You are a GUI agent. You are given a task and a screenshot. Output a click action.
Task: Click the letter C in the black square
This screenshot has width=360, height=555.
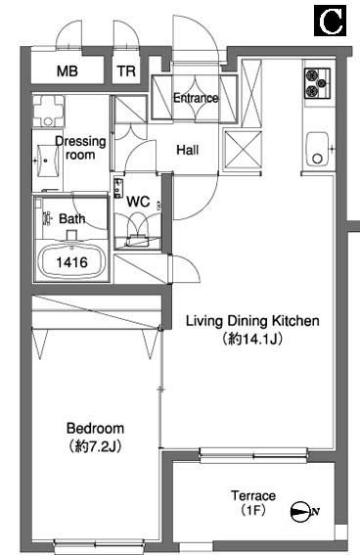point(331,21)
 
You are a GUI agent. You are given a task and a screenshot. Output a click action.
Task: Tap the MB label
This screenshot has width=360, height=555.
point(67,71)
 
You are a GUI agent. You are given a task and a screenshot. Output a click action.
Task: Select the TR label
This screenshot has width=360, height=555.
point(126,71)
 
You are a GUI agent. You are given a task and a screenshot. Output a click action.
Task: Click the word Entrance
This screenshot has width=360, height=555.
point(196,98)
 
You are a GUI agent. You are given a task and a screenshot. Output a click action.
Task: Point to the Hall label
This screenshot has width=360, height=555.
point(188,150)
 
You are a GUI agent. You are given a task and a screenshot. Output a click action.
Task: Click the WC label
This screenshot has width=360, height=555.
point(138,202)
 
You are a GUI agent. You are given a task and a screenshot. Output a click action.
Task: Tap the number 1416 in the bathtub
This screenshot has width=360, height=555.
point(71,262)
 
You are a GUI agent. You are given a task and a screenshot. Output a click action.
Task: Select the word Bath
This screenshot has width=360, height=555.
point(72,218)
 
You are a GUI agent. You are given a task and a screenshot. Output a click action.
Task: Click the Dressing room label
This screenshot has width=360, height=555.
point(80,148)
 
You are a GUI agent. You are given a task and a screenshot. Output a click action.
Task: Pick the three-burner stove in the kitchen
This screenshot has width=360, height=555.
point(318,83)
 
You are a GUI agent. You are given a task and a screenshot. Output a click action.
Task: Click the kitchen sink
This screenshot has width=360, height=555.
point(317,149)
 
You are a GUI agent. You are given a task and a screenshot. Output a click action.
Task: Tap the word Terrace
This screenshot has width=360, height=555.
point(253,495)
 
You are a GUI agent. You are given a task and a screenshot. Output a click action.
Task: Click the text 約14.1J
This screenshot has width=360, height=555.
point(252,340)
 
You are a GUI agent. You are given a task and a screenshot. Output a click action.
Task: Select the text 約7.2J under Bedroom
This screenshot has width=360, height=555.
point(96,446)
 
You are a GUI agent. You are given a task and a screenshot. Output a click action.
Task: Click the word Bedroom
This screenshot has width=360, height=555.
point(96,429)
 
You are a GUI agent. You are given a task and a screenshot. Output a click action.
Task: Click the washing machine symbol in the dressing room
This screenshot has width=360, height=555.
point(49,111)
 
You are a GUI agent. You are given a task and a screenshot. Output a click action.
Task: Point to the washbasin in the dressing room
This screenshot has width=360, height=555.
point(46,161)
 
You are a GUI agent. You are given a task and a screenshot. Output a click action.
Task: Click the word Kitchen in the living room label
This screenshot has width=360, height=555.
point(295,321)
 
